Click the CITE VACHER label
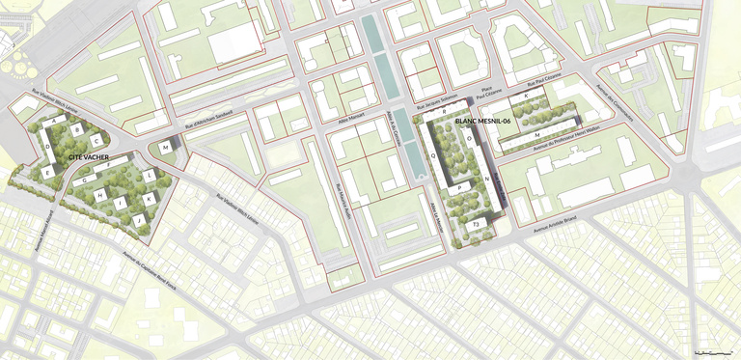pos(89,156)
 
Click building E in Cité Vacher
pos(47,172)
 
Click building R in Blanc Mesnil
pos(443,113)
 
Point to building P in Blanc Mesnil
pos(460,188)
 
